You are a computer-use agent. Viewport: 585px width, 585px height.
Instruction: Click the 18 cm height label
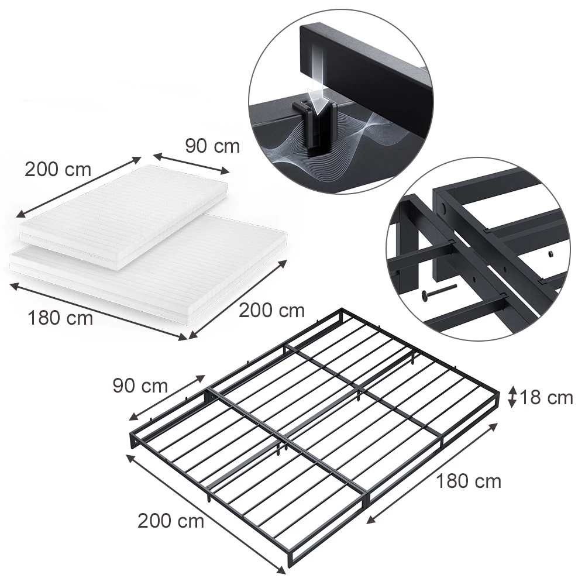[x=546, y=398]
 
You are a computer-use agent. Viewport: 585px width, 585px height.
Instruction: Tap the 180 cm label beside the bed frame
[x=469, y=481]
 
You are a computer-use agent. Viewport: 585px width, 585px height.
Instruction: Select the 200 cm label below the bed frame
[x=171, y=521]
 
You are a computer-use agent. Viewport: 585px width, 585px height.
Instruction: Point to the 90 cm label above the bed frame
[x=140, y=386]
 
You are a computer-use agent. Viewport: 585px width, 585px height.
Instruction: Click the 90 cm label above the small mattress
[x=212, y=146]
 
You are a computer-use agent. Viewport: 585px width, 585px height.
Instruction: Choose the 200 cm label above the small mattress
[x=58, y=170]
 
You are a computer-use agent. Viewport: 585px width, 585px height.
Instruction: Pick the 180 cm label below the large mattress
[x=60, y=318]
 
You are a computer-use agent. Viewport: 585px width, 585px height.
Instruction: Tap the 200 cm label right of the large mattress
[x=271, y=311]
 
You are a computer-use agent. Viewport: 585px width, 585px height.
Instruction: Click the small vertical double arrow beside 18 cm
[x=512, y=397]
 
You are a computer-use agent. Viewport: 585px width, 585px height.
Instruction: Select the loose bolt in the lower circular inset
[x=439, y=291]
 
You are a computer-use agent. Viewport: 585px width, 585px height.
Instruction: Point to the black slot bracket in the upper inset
[x=315, y=125]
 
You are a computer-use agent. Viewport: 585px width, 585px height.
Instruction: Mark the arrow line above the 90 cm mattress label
[x=191, y=164]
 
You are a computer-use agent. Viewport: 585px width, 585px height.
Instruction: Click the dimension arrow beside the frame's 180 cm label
[x=432, y=473]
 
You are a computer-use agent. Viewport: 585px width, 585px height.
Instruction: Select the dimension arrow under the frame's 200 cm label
[x=206, y=515]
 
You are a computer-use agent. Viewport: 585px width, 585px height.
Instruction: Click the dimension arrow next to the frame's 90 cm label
[x=167, y=398]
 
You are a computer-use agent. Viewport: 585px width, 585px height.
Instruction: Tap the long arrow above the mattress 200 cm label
[x=78, y=187]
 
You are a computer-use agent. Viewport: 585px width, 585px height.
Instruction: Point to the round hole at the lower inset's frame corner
[x=443, y=208]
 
